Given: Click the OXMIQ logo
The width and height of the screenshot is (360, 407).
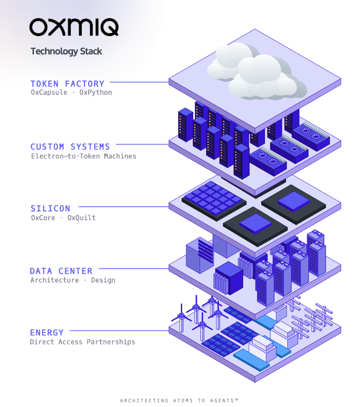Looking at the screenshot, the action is coord(74,27).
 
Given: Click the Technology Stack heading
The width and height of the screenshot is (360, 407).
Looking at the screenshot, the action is coord(66,51).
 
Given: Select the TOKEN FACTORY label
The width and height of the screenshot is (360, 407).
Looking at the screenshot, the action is coord(67,84).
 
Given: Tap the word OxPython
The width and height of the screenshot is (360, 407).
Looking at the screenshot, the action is coord(96,92).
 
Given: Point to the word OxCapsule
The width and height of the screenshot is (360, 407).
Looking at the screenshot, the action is coord(49,92).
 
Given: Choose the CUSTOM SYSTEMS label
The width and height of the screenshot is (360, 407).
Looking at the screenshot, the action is coord(70,147).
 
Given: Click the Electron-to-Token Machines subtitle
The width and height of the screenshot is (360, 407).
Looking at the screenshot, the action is coord(84,156).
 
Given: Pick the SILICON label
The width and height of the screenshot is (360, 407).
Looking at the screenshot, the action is coord(51,208).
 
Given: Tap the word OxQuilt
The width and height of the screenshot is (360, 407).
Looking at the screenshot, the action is coord(81,218).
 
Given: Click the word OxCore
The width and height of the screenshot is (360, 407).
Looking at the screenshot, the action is coord(43,218).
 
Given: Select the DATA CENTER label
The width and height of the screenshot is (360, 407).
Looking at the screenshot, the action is coord(61,271).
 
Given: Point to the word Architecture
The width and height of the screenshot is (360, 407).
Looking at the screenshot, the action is coord(54,280).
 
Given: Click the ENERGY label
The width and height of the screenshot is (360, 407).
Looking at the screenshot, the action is coord(47,332).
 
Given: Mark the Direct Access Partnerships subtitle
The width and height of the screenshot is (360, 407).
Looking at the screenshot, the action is coord(82,342).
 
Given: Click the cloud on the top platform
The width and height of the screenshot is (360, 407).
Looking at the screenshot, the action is coord(257,71).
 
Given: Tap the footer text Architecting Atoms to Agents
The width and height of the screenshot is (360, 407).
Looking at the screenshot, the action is coord(179,401).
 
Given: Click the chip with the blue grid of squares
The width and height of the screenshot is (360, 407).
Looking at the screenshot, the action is coord(214,201).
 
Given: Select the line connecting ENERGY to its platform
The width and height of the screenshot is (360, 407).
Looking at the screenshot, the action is coord(119,331).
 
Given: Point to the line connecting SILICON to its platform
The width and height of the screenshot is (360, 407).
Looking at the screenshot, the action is coord(124,206).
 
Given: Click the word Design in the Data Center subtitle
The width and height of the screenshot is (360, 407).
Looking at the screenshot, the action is coord(103,280).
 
